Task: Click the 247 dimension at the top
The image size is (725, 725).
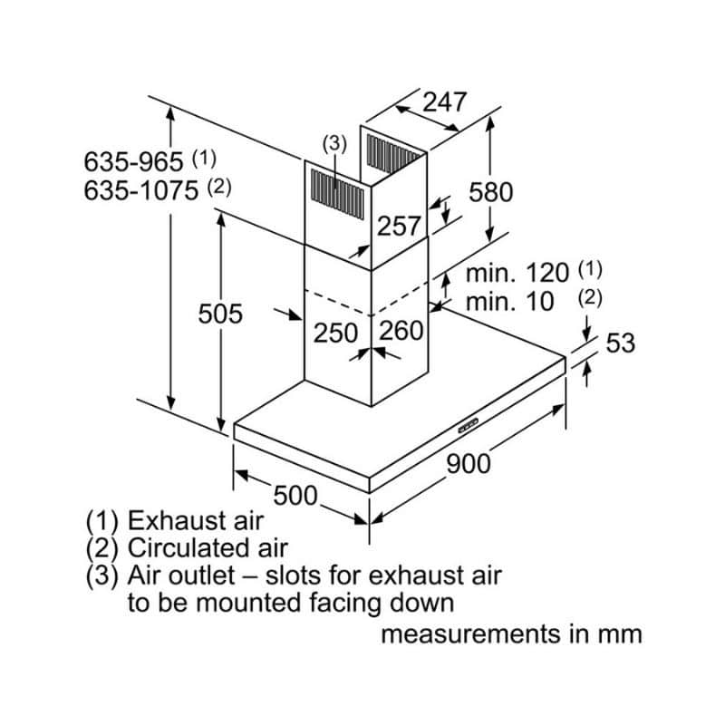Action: tap(444, 101)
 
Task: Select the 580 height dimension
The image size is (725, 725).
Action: tap(490, 191)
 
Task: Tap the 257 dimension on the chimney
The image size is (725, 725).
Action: tap(399, 226)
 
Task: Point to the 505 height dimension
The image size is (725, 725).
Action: tap(221, 314)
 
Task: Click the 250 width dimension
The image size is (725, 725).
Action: tap(336, 332)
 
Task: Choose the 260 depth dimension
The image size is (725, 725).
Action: tap(401, 331)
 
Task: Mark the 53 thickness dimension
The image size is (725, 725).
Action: tap(620, 343)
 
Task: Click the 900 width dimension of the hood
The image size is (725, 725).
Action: tap(469, 463)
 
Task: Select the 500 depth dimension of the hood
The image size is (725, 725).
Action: tap(295, 496)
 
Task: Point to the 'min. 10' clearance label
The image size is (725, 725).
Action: tap(509, 302)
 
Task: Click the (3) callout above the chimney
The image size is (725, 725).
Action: tap(334, 142)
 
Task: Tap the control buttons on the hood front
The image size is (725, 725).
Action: tap(469, 423)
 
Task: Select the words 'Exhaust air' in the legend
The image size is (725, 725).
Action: tap(195, 521)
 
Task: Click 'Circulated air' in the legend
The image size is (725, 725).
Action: tap(208, 547)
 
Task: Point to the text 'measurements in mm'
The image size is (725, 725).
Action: tap(511, 633)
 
